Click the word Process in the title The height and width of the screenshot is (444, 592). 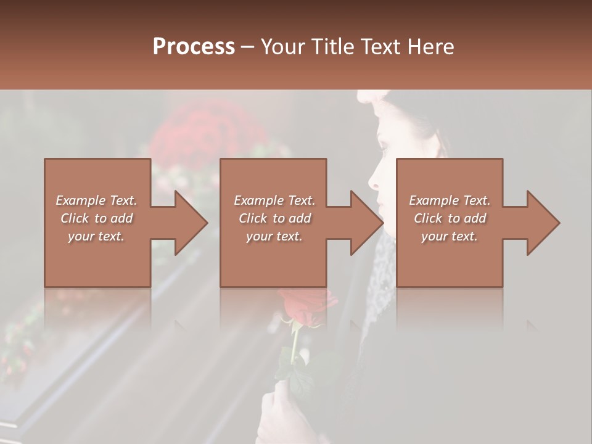coord(194,47)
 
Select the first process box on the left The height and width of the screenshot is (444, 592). coord(97,259)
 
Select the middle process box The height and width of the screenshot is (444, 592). coord(273,259)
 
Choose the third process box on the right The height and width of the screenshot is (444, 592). coord(449,259)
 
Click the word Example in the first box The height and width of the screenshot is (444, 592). coord(80,200)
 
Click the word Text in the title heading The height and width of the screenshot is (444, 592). coord(380,47)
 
